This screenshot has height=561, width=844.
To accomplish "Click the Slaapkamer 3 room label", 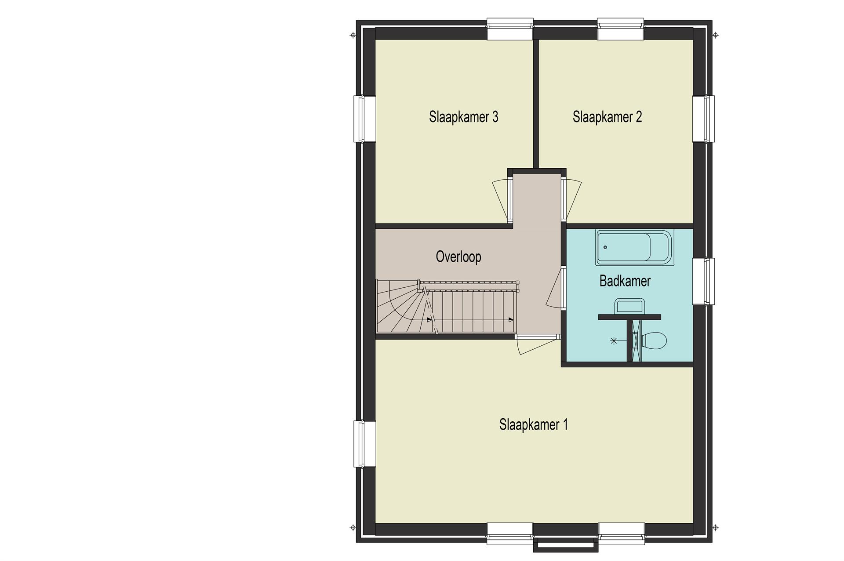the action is pyautogui.click(x=463, y=117).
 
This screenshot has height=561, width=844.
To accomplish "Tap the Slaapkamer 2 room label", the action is pyautogui.click(x=607, y=117).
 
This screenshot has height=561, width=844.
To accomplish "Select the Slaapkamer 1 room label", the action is pyautogui.click(x=533, y=425).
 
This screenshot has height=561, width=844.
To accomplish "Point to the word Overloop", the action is pyautogui.click(x=458, y=257).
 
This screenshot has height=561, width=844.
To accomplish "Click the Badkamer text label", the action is pyautogui.click(x=625, y=281).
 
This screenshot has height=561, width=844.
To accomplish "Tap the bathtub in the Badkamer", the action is pyautogui.click(x=635, y=247).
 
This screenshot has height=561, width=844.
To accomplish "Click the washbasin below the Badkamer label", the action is pyautogui.click(x=629, y=306).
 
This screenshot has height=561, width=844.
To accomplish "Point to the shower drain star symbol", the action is pyautogui.click(x=614, y=340).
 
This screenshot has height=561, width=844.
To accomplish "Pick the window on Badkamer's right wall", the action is pyautogui.click(x=704, y=281).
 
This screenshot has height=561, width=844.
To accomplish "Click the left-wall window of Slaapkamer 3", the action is pyautogui.click(x=365, y=119).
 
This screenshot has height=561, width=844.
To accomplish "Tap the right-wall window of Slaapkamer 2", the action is pyautogui.click(x=704, y=119).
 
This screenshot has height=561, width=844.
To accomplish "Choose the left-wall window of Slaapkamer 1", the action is pyautogui.click(x=365, y=444).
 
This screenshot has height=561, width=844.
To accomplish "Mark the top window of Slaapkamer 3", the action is pyautogui.click(x=510, y=29).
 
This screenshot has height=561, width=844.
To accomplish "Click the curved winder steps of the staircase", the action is pyautogui.click(x=402, y=308).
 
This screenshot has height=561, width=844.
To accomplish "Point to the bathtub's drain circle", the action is pyautogui.click(x=605, y=247).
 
